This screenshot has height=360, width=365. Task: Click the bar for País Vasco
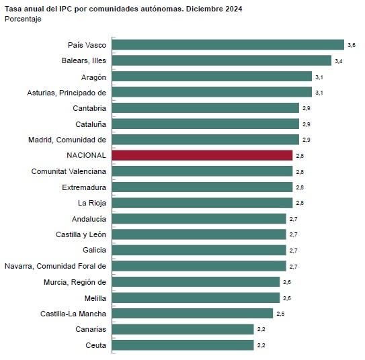(228, 45)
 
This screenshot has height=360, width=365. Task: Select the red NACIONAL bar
(202, 155)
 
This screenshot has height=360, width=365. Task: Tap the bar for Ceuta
(182, 345)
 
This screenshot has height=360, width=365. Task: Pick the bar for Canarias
(182, 329)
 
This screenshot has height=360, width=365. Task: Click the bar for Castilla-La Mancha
(192, 314)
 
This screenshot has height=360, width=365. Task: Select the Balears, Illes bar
(221, 60)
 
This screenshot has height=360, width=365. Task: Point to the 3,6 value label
(351, 45)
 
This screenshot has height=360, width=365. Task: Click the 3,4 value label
(338, 61)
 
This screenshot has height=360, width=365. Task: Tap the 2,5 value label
(280, 314)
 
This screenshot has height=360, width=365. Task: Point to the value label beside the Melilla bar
(286, 298)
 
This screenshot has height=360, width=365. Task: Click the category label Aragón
(93, 77)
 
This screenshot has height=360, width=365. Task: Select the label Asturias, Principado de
(67, 92)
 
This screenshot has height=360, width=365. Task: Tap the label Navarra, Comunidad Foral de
(56, 266)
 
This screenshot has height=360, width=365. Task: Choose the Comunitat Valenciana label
(69, 171)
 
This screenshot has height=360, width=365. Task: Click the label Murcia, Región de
(75, 282)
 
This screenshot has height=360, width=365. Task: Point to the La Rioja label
(92, 203)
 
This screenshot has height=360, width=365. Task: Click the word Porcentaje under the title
(23, 19)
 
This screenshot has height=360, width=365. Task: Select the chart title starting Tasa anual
(124, 9)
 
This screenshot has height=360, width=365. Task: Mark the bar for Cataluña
(205, 124)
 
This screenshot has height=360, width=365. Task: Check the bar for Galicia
(198, 251)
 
